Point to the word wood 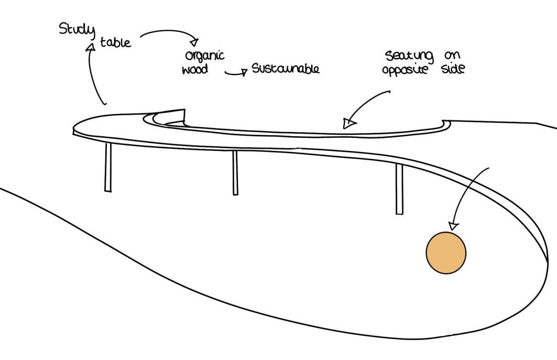point(195,70)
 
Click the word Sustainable point(286,69)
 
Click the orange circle point(445,253)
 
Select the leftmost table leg point(108,167)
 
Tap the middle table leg point(235,173)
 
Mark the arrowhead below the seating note point(348,124)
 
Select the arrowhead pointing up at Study point(91,47)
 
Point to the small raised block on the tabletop point(173,115)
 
